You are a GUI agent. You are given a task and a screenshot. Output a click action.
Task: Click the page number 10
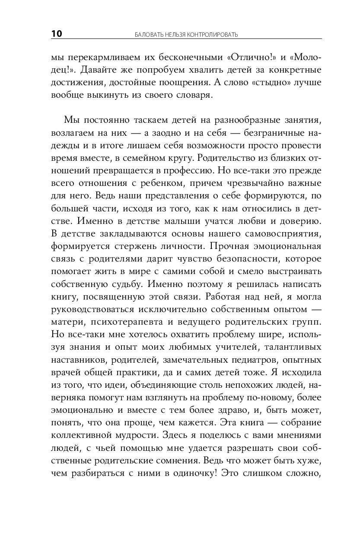click(x=56, y=34)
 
